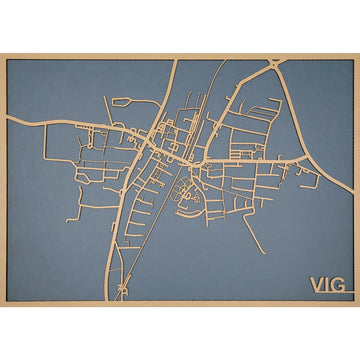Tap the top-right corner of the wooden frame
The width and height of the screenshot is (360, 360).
[357, 54]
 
